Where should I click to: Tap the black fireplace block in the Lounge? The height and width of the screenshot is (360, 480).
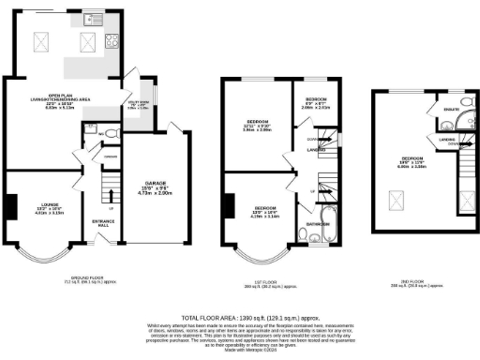[x=10, y=204]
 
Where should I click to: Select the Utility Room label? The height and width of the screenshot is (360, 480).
[x=137, y=105]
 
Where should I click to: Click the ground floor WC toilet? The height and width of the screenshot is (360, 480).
[x=108, y=132]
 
